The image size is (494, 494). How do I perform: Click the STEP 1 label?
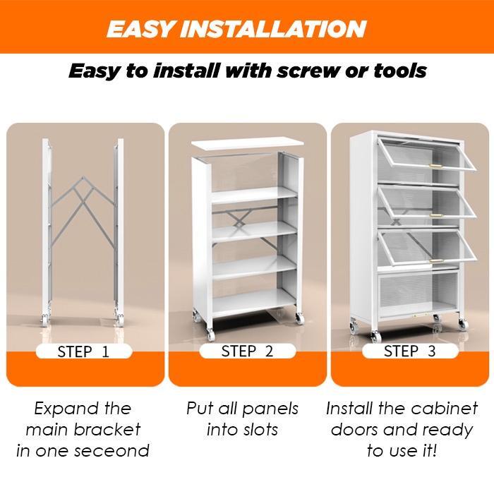(x=83, y=351)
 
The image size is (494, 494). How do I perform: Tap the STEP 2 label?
(x=247, y=351)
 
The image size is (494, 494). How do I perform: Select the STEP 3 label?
(x=410, y=351)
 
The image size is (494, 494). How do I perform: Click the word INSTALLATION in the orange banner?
(x=273, y=29)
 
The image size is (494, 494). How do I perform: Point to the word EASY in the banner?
(x=140, y=29)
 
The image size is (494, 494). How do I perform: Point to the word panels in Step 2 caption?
(x=270, y=409)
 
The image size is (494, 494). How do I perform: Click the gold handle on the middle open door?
(x=436, y=215)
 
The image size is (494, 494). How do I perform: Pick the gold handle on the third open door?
(x=437, y=261)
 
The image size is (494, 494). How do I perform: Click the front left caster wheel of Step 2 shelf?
(x=210, y=335)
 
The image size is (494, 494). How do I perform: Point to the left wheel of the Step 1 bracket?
(x=45, y=320)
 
